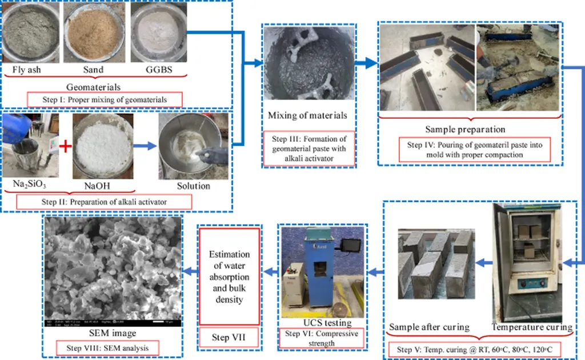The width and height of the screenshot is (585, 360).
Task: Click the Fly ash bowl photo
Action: click(x=30, y=32)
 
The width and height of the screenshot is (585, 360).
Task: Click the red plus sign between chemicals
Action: click(x=66, y=146)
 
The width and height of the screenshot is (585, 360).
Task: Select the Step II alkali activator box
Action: click(x=103, y=202)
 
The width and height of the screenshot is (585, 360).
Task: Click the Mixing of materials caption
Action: click(x=307, y=116)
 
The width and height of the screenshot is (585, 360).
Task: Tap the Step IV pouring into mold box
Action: click(x=474, y=149)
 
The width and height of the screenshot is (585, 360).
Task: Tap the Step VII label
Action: click(x=229, y=337)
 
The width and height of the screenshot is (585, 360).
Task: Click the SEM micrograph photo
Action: click(x=113, y=271)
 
